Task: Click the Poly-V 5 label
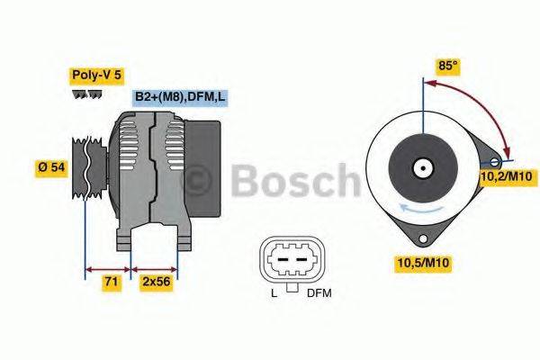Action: pos(95,76)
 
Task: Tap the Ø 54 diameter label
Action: pos(52,167)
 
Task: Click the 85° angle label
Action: pos(447,66)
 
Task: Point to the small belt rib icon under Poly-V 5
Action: pos(87,94)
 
